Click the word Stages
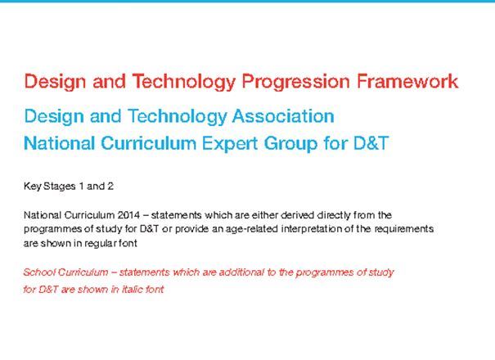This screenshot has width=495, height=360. tap(61, 187)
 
